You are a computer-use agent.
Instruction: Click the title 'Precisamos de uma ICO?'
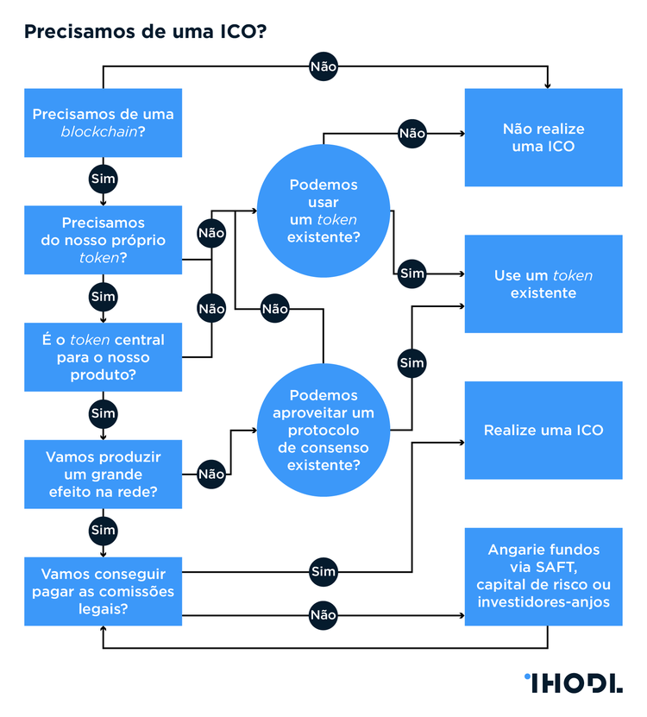[145, 32]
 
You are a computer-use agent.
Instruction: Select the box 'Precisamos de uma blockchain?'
[103, 123]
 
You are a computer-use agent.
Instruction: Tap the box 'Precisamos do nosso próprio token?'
[103, 240]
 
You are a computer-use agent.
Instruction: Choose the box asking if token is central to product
[103, 357]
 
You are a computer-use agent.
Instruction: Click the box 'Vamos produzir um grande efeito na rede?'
[103, 474]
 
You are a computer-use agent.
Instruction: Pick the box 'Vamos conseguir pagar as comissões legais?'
[103, 591]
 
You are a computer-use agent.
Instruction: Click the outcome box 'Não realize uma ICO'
[543, 137]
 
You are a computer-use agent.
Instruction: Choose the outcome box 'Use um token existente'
[543, 284]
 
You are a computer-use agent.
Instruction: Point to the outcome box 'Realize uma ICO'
[543, 430]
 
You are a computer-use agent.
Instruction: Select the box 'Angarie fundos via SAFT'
[543, 575]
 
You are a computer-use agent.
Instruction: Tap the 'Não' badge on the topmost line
[323, 66]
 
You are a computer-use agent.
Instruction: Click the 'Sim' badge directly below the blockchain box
[103, 179]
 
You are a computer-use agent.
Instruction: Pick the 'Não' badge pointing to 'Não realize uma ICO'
[412, 133]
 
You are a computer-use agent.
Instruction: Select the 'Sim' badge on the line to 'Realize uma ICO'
[323, 571]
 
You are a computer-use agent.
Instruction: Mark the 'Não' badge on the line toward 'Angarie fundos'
[323, 615]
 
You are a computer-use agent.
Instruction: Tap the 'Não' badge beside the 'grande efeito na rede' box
[211, 474]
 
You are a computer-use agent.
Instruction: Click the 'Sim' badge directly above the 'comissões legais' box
[103, 530]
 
